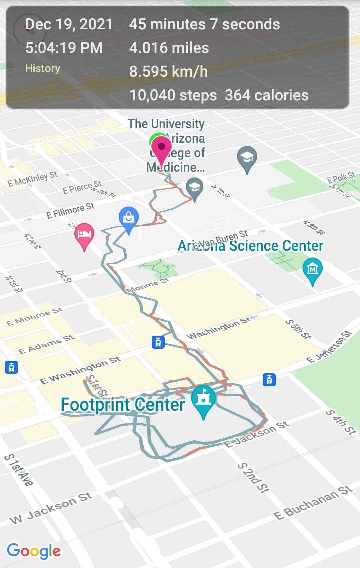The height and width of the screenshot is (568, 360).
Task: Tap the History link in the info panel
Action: (43, 68)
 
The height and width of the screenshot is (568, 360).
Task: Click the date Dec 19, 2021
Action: (69, 24)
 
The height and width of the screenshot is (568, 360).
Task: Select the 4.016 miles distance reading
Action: (169, 48)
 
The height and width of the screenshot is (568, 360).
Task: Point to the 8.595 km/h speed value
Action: (168, 72)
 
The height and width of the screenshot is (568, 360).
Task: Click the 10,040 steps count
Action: (173, 95)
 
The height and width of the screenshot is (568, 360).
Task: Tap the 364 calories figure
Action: (267, 95)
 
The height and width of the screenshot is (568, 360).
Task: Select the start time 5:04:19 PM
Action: (64, 48)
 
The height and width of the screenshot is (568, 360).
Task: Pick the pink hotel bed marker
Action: (84, 234)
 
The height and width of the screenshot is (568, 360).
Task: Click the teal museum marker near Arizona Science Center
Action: (312, 268)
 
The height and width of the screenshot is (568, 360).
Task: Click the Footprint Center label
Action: (123, 405)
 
